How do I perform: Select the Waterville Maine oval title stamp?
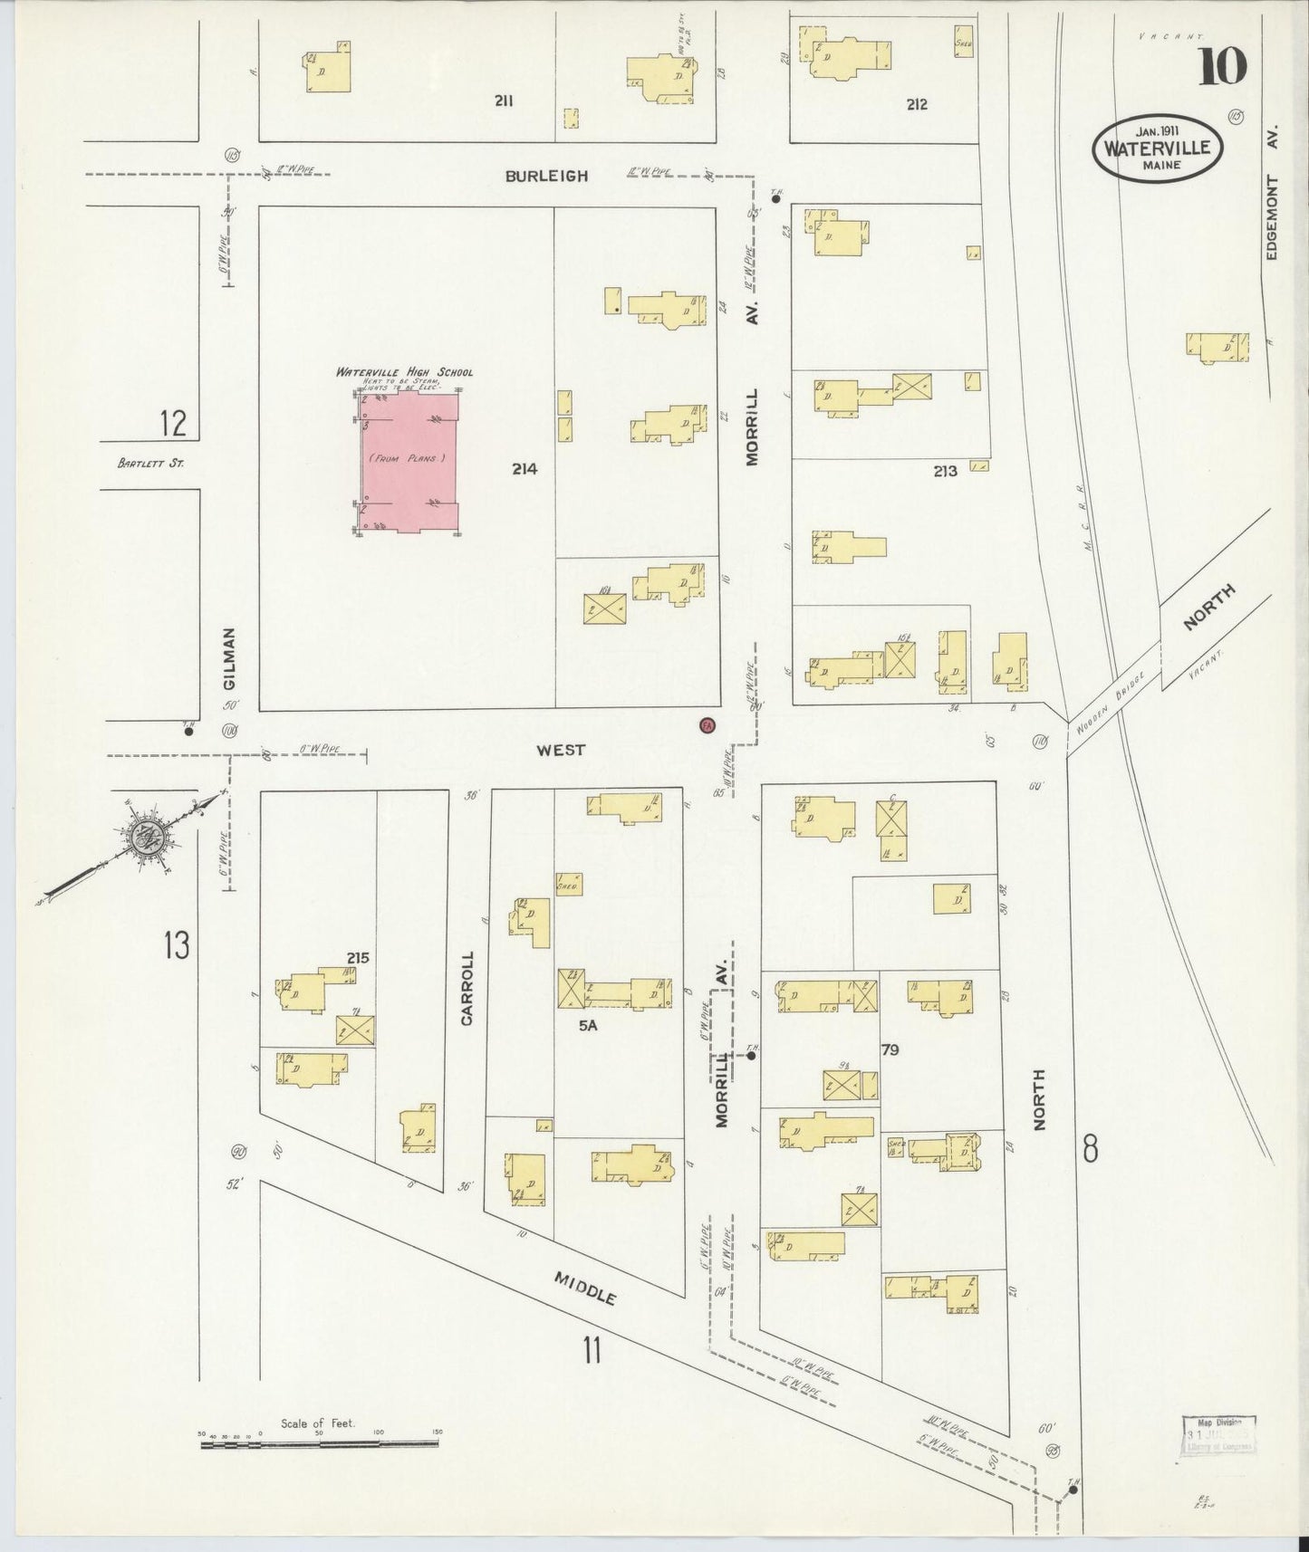pyautogui.click(x=1159, y=148)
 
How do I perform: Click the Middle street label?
pyautogui.click(x=585, y=1286)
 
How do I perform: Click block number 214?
pyautogui.click(x=524, y=469)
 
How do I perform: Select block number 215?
pyautogui.click(x=357, y=957)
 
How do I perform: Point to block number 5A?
pyautogui.click(x=589, y=1026)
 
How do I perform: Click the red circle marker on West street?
pyautogui.click(x=707, y=724)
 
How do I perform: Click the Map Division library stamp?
pyautogui.click(x=1219, y=1433)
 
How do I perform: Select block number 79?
pyautogui.click(x=889, y=1049)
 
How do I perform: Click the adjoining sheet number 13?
pyautogui.click(x=177, y=945)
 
